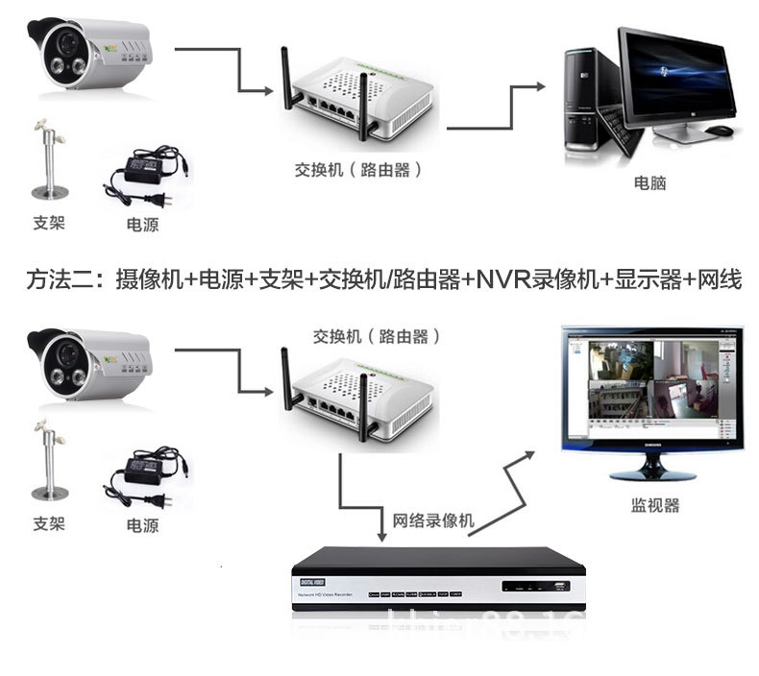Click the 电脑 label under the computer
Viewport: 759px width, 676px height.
[x=649, y=183]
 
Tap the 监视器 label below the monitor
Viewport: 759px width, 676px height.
[x=654, y=506]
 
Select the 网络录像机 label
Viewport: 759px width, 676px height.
[x=433, y=520]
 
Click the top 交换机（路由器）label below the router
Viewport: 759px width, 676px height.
[x=358, y=170]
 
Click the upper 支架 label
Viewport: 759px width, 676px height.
[x=48, y=222]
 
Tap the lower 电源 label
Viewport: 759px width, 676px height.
[x=142, y=525]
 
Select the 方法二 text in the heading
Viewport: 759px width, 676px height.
[x=58, y=280]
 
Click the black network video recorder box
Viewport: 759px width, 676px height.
[x=437, y=580]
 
